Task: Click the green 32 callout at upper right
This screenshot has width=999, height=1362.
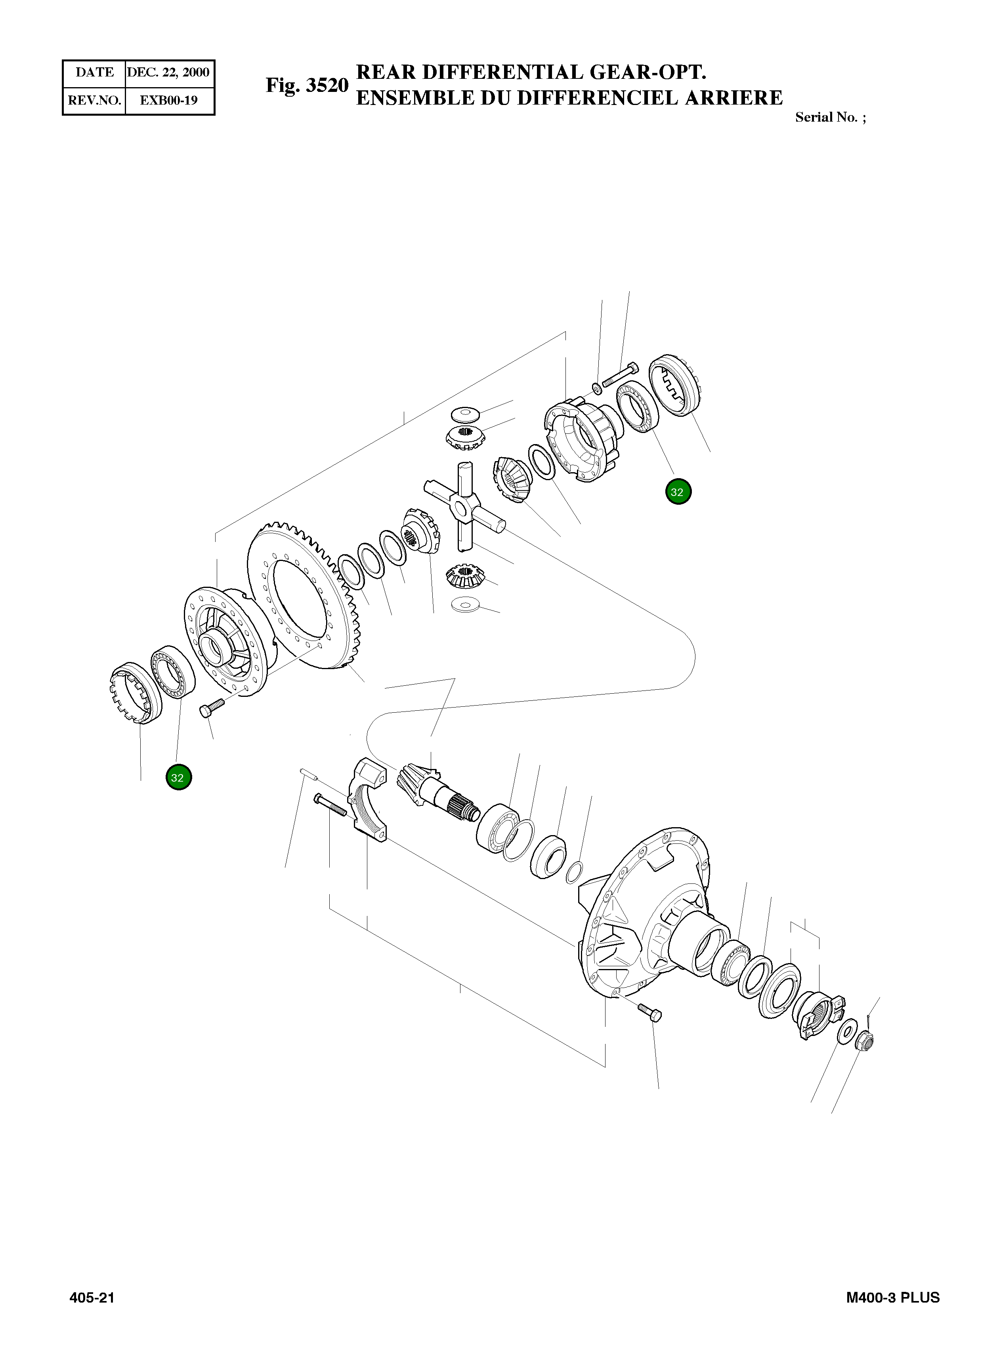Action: tap(678, 492)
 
